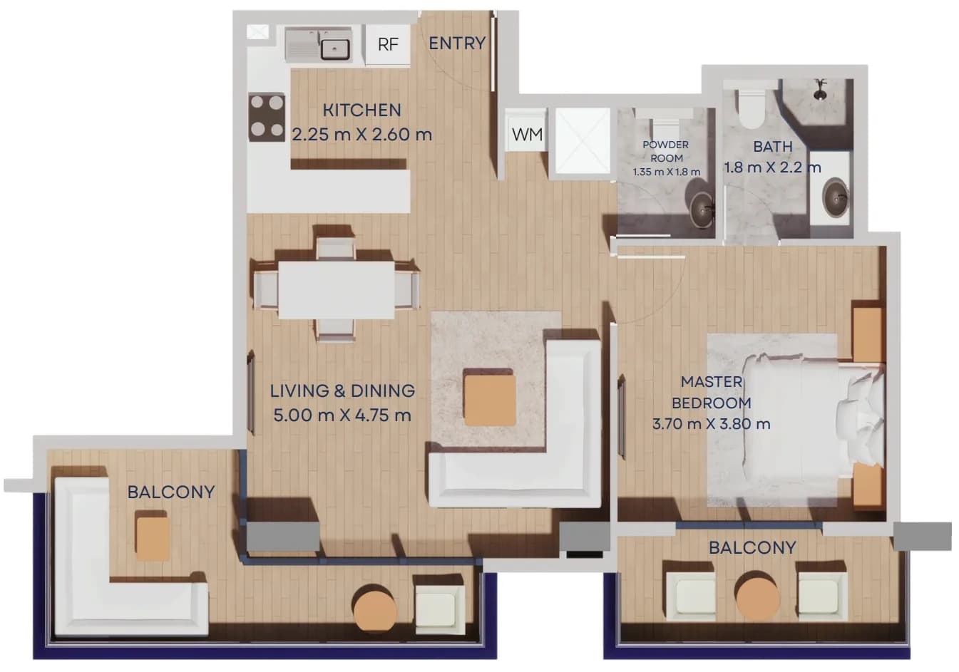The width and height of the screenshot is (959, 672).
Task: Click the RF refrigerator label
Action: coord(388,44)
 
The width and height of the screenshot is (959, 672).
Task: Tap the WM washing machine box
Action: coord(527,130)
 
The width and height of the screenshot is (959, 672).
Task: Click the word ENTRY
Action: coord(457,43)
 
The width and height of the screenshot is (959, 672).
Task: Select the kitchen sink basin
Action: coord(335,49)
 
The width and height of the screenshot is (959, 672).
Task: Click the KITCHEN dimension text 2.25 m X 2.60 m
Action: coord(361,135)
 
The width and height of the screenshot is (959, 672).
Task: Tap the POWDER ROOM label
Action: coord(666,151)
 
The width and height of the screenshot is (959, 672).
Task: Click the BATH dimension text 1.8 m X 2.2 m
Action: coord(772,167)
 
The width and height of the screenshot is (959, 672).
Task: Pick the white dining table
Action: coord(336,290)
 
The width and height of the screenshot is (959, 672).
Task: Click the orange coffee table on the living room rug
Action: coord(490,400)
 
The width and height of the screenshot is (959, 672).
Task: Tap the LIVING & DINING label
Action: coord(342,391)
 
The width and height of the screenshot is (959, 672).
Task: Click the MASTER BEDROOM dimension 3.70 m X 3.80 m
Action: coord(711,424)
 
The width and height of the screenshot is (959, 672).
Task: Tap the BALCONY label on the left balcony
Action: coord(171,492)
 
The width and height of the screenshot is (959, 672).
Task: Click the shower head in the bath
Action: coord(820,90)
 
